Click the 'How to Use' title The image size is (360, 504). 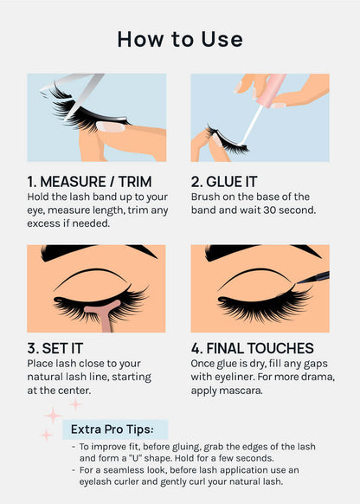[x=180, y=39]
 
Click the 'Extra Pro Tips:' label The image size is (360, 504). [x=112, y=429]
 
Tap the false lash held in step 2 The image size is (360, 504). [x=227, y=141]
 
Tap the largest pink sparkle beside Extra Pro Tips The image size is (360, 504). [x=53, y=416]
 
